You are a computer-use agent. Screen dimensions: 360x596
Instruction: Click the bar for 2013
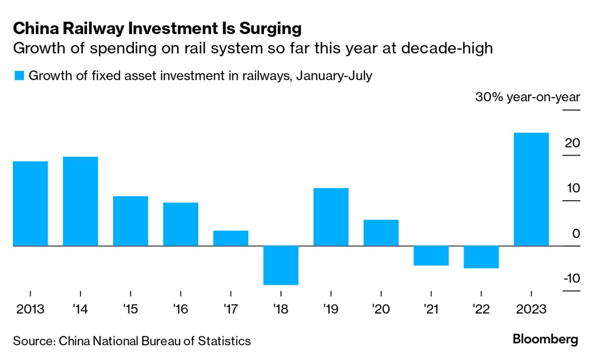[x=31, y=203]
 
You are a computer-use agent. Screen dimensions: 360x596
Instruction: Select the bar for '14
[x=80, y=201]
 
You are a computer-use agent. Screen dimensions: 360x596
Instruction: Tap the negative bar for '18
[x=281, y=265]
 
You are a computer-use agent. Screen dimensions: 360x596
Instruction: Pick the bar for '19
[x=331, y=217]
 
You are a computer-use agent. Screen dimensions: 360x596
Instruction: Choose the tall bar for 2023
[x=531, y=189]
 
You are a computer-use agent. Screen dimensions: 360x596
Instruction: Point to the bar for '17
[x=231, y=238]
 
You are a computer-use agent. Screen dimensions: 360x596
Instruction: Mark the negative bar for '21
[x=431, y=255]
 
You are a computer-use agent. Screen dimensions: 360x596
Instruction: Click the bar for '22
[x=481, y=257]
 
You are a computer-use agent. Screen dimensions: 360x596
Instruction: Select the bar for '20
[x=381, y=232]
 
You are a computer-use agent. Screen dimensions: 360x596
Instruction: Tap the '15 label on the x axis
[x=130, y=309]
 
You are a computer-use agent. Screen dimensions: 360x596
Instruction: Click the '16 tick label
[x=180, y=309]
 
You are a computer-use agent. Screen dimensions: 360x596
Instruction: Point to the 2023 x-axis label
[x=531, y=309]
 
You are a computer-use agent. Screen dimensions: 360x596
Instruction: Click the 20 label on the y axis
[x=572, y=143]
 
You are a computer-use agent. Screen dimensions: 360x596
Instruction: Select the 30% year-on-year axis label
[x=527, y=98]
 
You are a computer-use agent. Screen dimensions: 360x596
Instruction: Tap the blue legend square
[x=18, y=76]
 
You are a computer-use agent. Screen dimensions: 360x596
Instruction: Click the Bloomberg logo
[x=545, y=339]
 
